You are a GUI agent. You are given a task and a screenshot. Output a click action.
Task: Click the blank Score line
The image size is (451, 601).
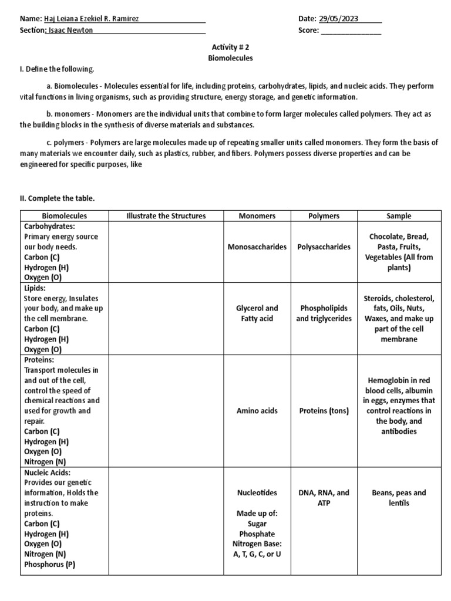point(351,31)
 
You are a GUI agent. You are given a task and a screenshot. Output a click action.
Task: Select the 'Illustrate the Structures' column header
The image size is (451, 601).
point(166,216)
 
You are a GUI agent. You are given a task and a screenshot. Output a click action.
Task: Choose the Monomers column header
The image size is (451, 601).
point(257,216)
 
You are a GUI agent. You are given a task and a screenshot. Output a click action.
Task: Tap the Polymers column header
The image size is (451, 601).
point(324,216)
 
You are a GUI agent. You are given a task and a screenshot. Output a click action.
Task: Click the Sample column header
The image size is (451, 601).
point(399,216)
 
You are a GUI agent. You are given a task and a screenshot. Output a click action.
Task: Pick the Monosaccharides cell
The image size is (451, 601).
point(257,247)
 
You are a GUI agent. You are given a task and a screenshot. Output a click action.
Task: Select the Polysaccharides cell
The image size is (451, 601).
point(324,247)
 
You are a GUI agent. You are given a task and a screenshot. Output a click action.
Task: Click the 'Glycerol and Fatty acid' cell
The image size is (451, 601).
point(257,313)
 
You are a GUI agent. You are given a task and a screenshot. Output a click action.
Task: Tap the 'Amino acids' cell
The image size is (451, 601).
point(257,411)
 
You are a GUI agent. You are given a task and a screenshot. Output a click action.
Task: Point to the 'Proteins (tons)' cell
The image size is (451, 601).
point(324,411)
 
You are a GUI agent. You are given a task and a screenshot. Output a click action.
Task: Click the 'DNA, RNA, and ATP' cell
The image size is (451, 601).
point(324,498)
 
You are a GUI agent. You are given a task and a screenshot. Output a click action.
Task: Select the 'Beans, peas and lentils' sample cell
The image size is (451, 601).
point(399,498)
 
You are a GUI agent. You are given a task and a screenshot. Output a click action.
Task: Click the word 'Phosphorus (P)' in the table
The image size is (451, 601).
point(49,565)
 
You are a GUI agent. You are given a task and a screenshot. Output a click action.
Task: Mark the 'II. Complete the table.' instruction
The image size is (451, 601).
point(57,199)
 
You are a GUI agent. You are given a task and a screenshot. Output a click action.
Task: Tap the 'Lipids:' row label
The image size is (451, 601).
point(35,288)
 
